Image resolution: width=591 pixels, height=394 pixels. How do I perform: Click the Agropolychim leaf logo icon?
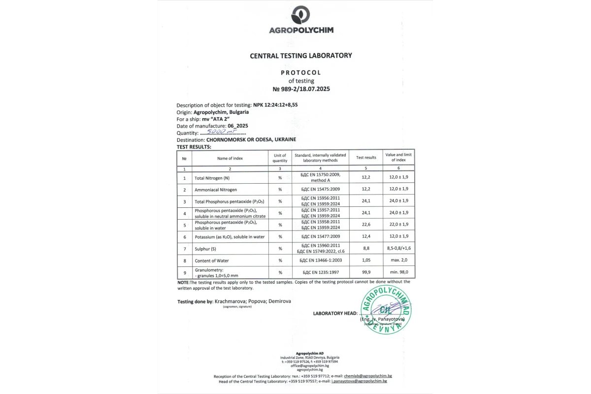[x=300, y=15]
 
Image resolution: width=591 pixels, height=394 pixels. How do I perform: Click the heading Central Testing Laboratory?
[x=301, y=56]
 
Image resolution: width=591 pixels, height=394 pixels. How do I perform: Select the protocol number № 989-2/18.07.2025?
[x=301, y=89]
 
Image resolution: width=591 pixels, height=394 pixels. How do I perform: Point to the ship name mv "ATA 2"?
[x=216, y=119]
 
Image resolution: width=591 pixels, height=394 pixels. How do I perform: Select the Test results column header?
[x=366, y=158]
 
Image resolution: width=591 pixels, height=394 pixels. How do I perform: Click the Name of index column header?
[x=230, y=158]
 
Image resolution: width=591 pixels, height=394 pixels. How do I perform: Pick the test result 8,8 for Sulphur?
[x=366, y=248]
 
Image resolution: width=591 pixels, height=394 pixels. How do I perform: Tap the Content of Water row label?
[x=212, y=261]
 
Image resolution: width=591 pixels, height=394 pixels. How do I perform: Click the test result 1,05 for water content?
[x=366, y=261]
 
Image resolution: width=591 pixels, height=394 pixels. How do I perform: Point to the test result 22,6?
[x=366, y=225]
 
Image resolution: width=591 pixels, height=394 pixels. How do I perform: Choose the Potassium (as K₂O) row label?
[x=230, y=237]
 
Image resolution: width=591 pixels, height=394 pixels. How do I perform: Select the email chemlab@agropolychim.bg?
[x=367, y=376]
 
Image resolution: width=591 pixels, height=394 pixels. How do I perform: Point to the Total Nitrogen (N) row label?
[x=212, y=178]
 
